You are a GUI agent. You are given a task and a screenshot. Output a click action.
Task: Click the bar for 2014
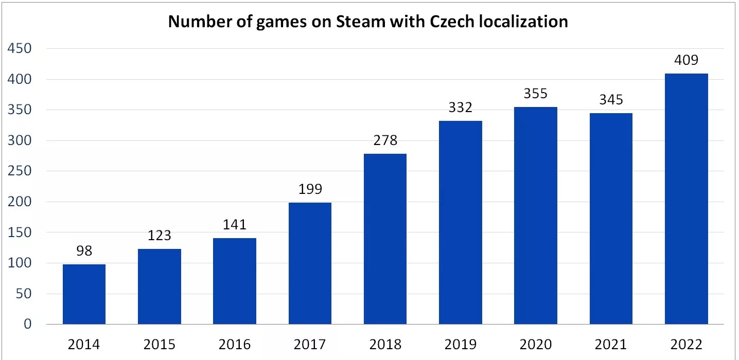84,294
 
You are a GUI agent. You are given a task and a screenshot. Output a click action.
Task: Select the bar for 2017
310,263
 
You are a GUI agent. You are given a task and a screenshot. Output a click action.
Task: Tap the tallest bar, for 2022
686,199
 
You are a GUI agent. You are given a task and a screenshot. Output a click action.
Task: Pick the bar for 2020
536,215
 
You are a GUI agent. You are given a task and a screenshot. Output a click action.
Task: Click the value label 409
686,60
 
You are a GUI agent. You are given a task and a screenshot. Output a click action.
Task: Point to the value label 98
84,251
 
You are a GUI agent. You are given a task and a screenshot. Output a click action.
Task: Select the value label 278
385,140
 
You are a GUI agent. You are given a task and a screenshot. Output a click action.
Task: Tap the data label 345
611,100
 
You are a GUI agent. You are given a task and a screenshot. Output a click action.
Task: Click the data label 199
310,189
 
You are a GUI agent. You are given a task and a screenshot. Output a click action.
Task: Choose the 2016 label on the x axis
235,344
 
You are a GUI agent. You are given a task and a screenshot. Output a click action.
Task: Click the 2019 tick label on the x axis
461,344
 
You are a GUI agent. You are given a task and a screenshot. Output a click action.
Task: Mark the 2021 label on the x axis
611,344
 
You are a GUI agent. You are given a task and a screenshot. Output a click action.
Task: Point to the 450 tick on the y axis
19,49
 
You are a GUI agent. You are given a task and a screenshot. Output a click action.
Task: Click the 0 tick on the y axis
27,325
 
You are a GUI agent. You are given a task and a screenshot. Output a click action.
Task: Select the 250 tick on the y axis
19,171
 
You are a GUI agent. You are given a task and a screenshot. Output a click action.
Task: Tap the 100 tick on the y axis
19,263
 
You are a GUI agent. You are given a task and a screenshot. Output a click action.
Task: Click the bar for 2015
160,286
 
